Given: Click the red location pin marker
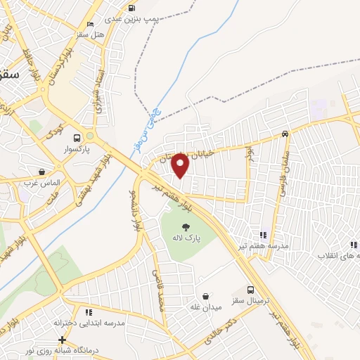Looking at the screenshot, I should point(181,166).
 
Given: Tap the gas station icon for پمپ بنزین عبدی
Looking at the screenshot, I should point(131,8).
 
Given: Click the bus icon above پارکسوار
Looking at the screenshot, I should point(78,138).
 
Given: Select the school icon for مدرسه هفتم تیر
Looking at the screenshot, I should point(263,235).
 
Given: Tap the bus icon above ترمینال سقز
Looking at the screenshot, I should point(251,290).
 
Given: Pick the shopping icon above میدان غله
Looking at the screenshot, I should point(205,297).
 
